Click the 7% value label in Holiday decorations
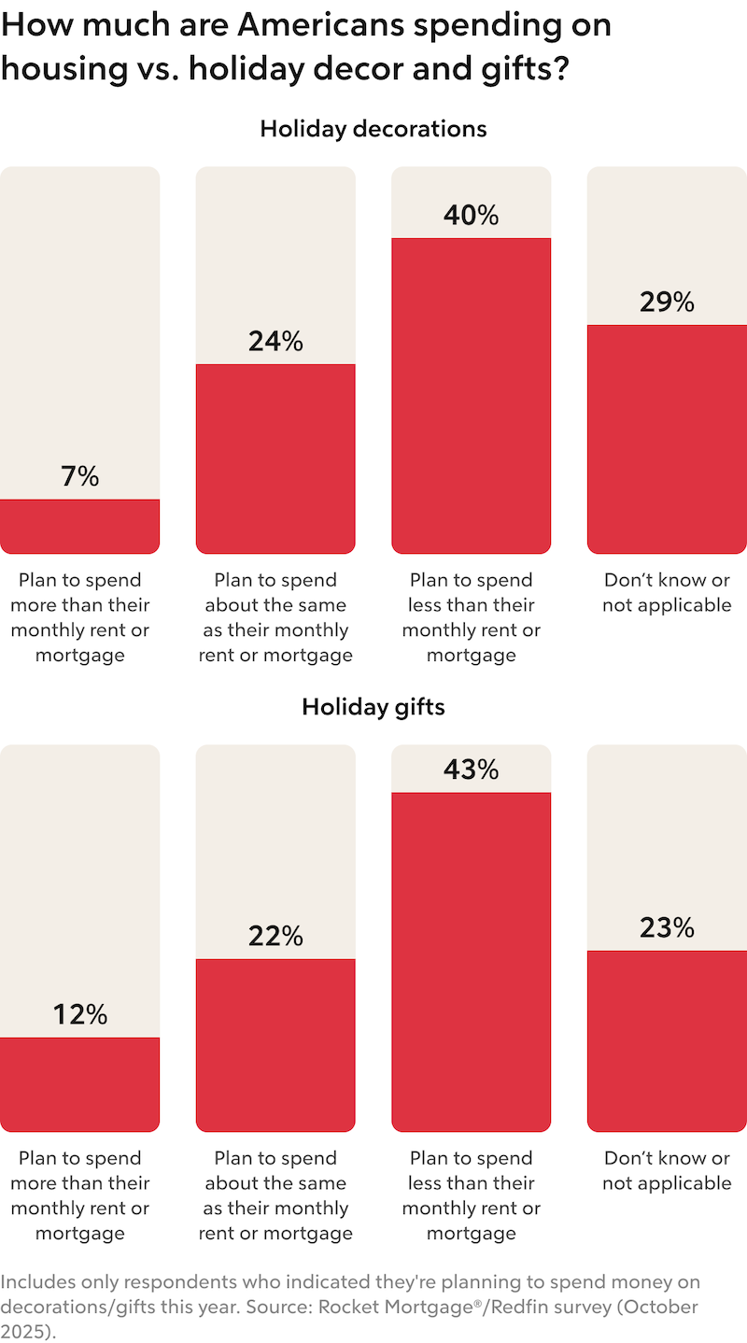click(x=80, y=476)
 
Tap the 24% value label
click(x=275, y=342)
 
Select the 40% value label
click(x=472, y=216)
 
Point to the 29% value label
click(x=667, y=303)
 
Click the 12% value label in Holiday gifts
click(x=80, y=1014)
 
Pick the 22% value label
click(x=275, y=936)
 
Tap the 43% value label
click(x=472, y=770)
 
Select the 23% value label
click(x=667, y=927)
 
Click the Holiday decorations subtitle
click(x=373, y=129)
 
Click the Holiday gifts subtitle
click(x=373, y=707)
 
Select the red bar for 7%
click(x=80, y=527)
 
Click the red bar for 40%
click(x=472, y=396)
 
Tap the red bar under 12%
click(x=80, y=1084)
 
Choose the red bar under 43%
click(x=472, y=962)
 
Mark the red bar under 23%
click(x=667, y=1041)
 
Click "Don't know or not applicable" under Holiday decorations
click(x=667, y=592)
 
